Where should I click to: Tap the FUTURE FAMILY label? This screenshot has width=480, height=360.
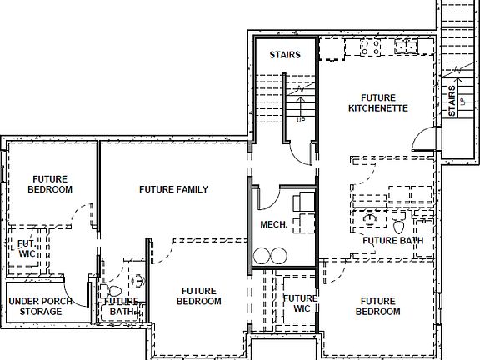coord(173,189)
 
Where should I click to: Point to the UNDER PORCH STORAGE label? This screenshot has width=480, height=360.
coord(40,306)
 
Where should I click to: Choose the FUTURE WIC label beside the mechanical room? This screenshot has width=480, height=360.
coord(299,303)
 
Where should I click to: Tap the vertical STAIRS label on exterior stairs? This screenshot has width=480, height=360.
coord(452,100)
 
